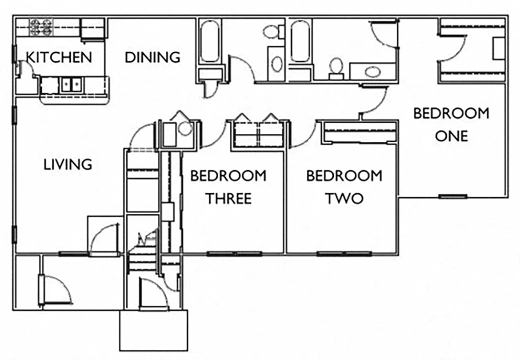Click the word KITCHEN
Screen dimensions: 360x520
point(59,57)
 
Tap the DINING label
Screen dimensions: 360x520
point(152,57)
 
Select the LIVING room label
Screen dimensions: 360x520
point(68,164)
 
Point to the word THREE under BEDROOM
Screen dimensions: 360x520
point(228,198)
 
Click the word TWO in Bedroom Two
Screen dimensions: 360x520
point(344,198)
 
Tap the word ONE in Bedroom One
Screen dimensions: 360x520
point(451,136)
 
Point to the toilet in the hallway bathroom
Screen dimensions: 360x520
point(271,32)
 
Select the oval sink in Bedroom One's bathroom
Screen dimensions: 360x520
point(372,71)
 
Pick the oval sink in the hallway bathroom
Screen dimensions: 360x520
point(276,64)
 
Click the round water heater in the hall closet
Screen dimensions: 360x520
point(185,129)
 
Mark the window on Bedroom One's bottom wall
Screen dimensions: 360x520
point(453,196)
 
